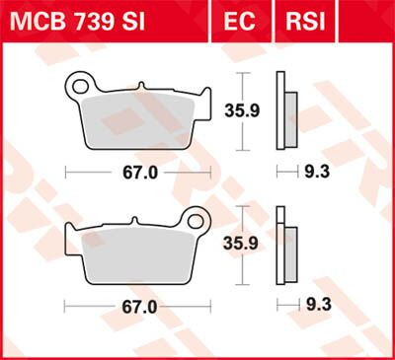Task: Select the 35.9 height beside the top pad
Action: pos(259,111)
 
